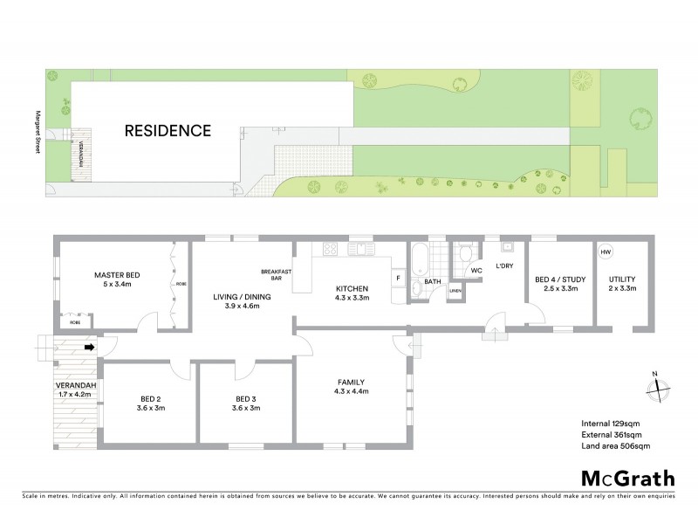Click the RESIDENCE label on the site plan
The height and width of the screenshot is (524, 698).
click(x=168, y=132)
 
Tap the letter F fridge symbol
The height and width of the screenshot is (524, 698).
click(x=398, y=279)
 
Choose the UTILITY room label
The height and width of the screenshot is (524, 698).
click(x=623, y=285)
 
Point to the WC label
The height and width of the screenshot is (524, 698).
click(x=476, y=271)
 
